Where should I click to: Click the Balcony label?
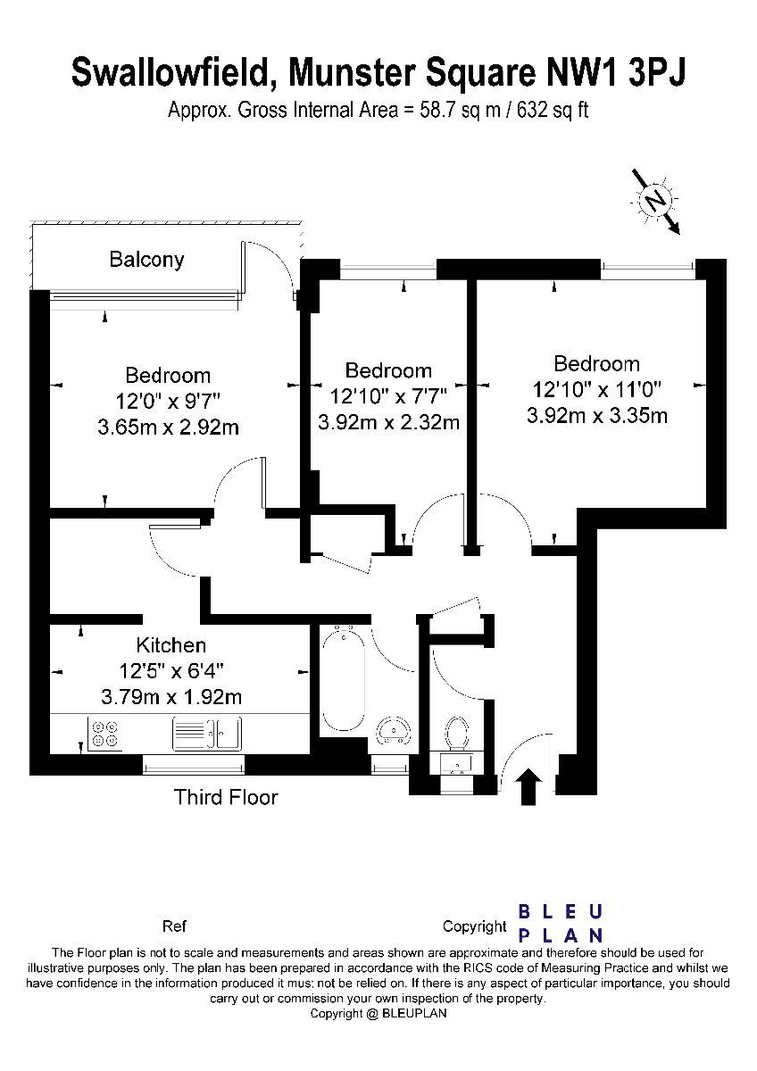[146, 260]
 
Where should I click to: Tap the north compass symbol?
[655, 201]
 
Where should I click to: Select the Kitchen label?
[171, 645]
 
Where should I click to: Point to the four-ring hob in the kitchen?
[105, 734]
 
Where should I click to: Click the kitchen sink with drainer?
[207, 734]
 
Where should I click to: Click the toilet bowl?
[456, 734]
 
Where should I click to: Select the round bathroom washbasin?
[393, 732]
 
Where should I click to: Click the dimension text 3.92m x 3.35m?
[597, 416]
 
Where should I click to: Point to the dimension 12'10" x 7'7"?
[388, 396]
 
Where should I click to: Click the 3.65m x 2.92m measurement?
[169, 427]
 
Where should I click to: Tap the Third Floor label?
[226, 798]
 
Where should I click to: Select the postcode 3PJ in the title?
[658, 73]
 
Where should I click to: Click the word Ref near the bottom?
[174, 926]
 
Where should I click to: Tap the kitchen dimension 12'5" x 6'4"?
[171, 671]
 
